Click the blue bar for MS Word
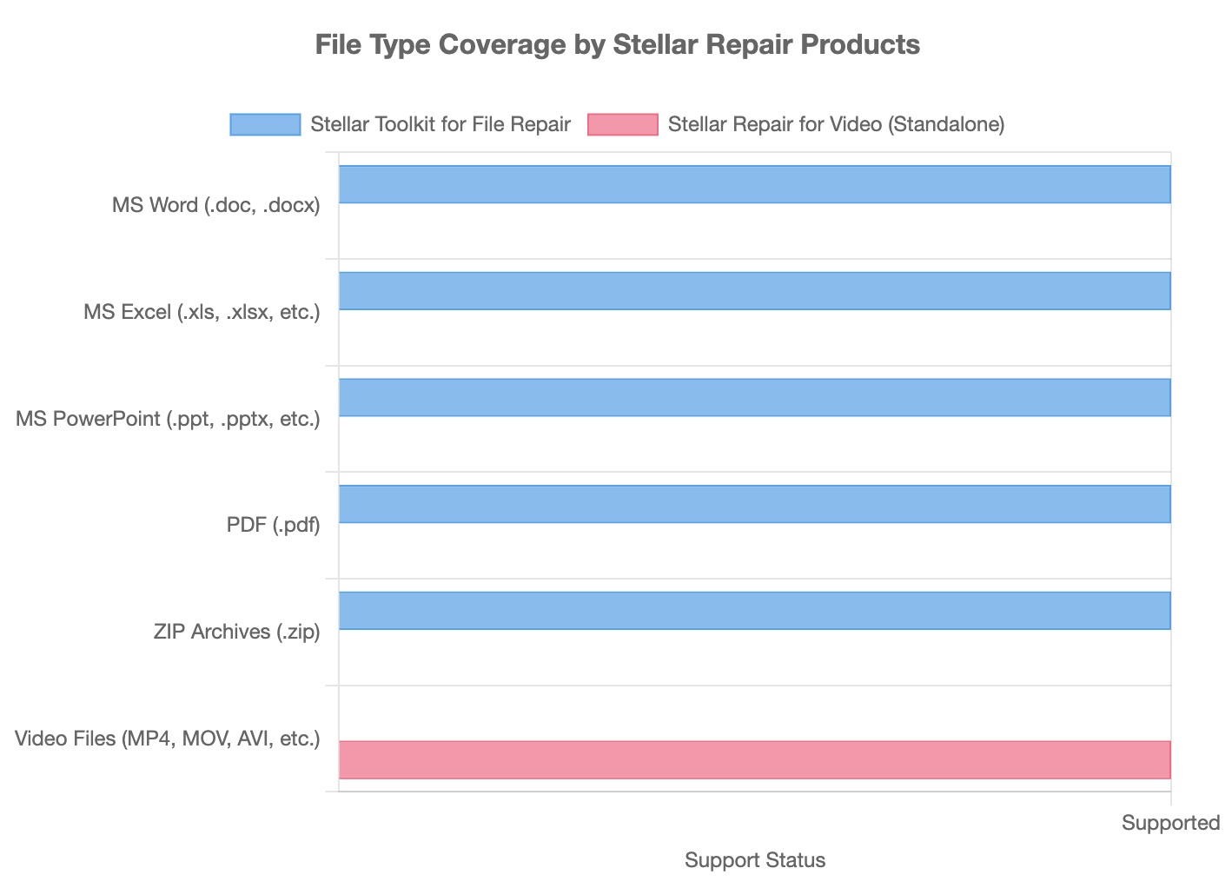[x=754, y=184]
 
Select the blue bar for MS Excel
[x=754, y=291]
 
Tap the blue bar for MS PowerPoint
[x=754, y=397]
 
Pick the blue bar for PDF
[x=754, y=504]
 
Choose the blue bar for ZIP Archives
[x=754, y=610]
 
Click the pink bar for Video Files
[x=754, y=759]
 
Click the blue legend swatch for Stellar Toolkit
[x=265, y=124]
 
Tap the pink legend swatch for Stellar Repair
[x=623, y=124]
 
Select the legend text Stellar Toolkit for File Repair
[x=440, y=124]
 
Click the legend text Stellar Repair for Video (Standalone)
[x=836, y=124]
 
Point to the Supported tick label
[x=1170, y=823]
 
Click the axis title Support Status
[x=754, y=860]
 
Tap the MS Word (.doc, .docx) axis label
[x=216, y=206]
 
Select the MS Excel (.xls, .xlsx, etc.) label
[x=202, y=312]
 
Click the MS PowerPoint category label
[x=168, y=419]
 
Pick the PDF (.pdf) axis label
[x=273, y=525]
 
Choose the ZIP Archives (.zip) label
[x=236, y=632]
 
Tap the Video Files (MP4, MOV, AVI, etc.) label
[x=168, y=739]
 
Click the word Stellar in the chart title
[x=652, y=44]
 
